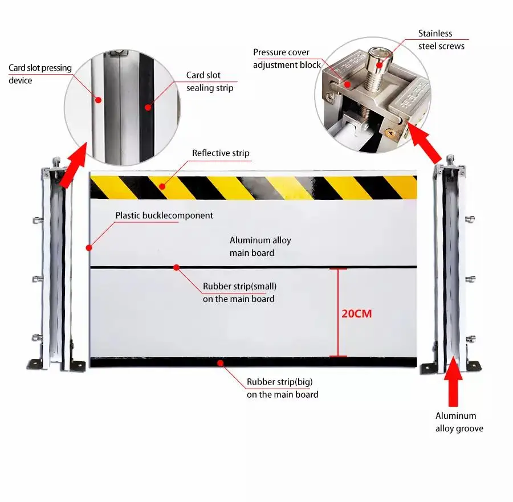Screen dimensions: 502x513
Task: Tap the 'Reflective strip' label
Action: click(221, 153)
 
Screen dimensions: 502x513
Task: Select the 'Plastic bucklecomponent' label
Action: click(164, 216)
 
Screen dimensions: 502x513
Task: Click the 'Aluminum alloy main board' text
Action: click(260, 247)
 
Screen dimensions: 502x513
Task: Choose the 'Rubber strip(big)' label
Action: click(282, 388)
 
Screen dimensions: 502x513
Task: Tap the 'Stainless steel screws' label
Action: click(441, 40)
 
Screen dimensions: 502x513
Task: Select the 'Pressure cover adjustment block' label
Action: click(287, 59)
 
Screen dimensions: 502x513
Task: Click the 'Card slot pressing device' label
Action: click(40, 74)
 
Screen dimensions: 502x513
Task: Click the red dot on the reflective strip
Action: click(161, 185)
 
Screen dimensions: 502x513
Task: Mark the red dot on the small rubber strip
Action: click(177, 267)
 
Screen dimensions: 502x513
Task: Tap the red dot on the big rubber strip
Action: click(219, 361)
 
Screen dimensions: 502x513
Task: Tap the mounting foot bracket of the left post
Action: click(36, 362)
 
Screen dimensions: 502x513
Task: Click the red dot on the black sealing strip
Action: click(147, 106)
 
